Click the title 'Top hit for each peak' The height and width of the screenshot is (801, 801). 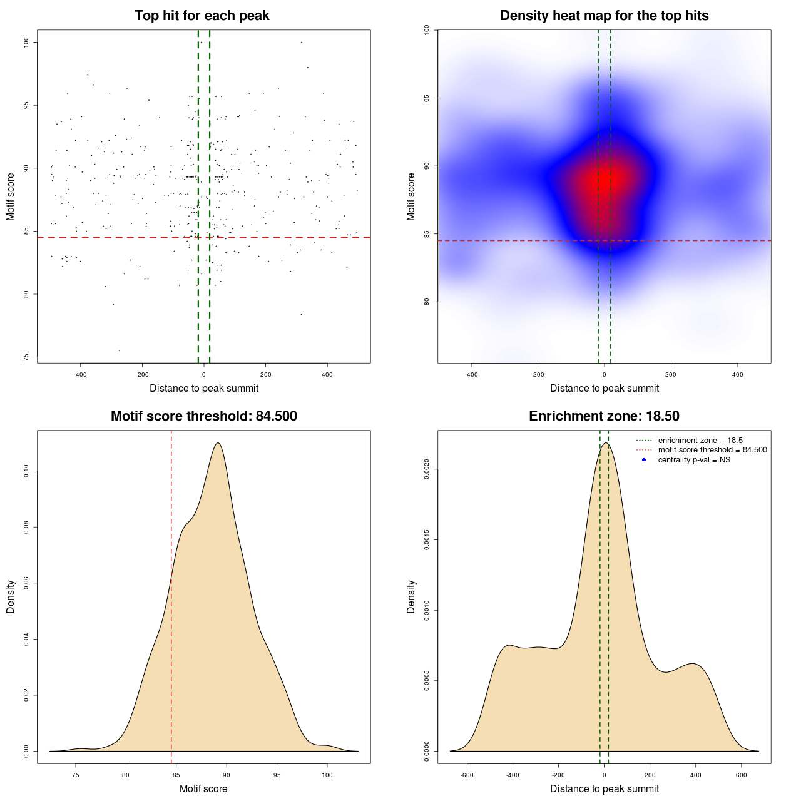202,16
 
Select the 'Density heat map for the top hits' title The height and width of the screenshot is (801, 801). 604,16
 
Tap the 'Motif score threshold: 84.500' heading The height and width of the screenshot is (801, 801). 203,416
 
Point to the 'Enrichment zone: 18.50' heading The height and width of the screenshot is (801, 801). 604,416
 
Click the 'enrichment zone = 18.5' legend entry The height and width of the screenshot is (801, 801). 700,441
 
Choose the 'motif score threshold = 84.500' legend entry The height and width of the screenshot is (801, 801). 712,450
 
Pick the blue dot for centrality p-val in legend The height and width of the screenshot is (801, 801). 644,460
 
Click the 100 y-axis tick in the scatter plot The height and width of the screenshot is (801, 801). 26,42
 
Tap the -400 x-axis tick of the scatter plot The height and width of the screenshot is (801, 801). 80,374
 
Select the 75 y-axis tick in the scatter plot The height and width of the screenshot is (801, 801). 26,357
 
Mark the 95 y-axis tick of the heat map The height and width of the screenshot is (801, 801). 427,98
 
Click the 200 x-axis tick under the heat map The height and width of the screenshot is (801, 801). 671,374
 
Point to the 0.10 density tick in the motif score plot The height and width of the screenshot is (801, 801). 26,471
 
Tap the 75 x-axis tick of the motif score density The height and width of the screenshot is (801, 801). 76,775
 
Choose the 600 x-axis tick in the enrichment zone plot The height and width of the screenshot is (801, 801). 742,775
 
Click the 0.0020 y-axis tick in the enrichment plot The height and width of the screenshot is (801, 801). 427,469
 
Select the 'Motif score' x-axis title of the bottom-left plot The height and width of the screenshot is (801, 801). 203,788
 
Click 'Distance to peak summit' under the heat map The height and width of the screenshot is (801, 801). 604,388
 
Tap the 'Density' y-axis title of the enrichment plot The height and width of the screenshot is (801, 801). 411,596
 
